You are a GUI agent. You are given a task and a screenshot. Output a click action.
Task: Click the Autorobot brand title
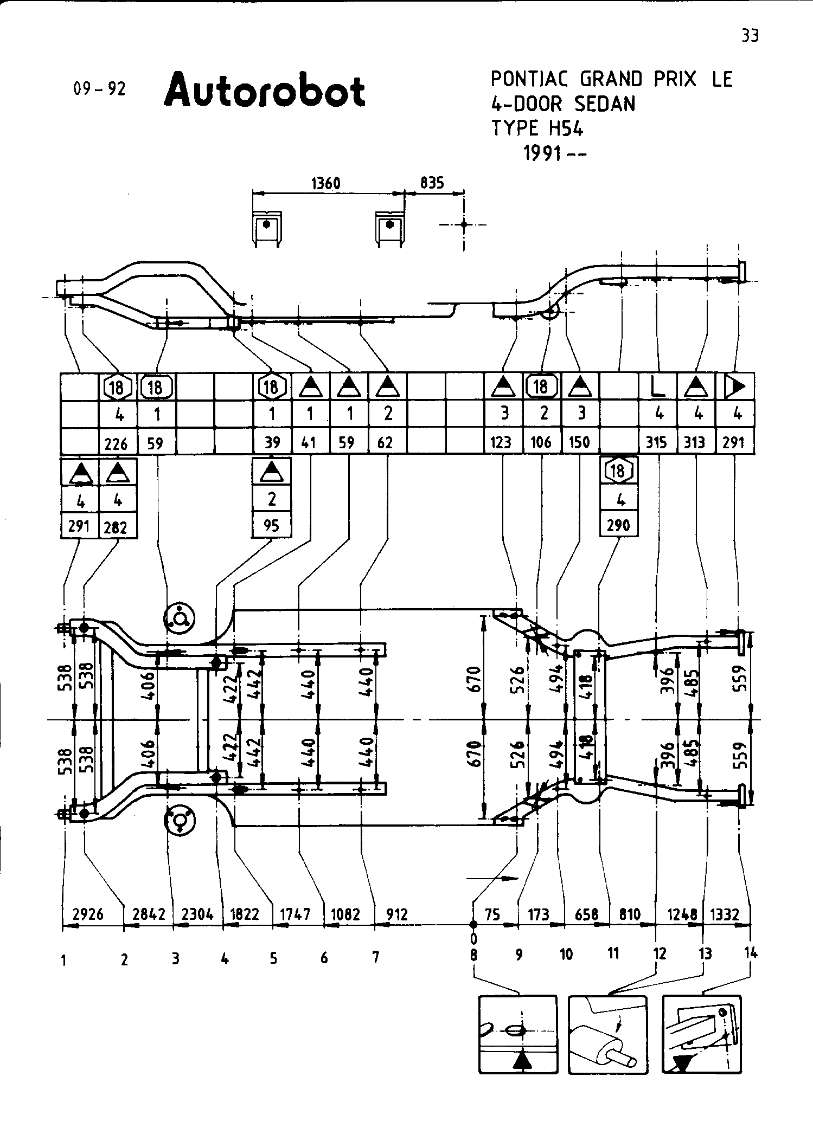click(265, 91)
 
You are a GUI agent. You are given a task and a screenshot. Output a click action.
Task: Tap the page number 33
click(750, 36)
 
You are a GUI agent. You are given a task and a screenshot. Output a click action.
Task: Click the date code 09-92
click(99, 88)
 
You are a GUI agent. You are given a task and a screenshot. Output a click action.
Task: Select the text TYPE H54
click(537, 128)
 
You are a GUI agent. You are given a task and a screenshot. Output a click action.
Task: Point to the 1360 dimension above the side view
click(326, 184)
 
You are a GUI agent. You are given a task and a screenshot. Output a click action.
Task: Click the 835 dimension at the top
click(432, 183)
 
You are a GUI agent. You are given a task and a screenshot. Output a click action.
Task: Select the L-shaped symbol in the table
click(657, 386)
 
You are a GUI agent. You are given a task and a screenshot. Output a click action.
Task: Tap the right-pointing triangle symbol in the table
click(735, 386)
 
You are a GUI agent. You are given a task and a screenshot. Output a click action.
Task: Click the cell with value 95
click(271, 525)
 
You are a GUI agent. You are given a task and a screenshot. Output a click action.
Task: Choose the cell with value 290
click(618, 525)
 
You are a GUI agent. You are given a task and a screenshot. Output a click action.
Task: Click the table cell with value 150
click(579, 443)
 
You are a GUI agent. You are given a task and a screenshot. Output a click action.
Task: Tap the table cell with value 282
click(115, 527)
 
